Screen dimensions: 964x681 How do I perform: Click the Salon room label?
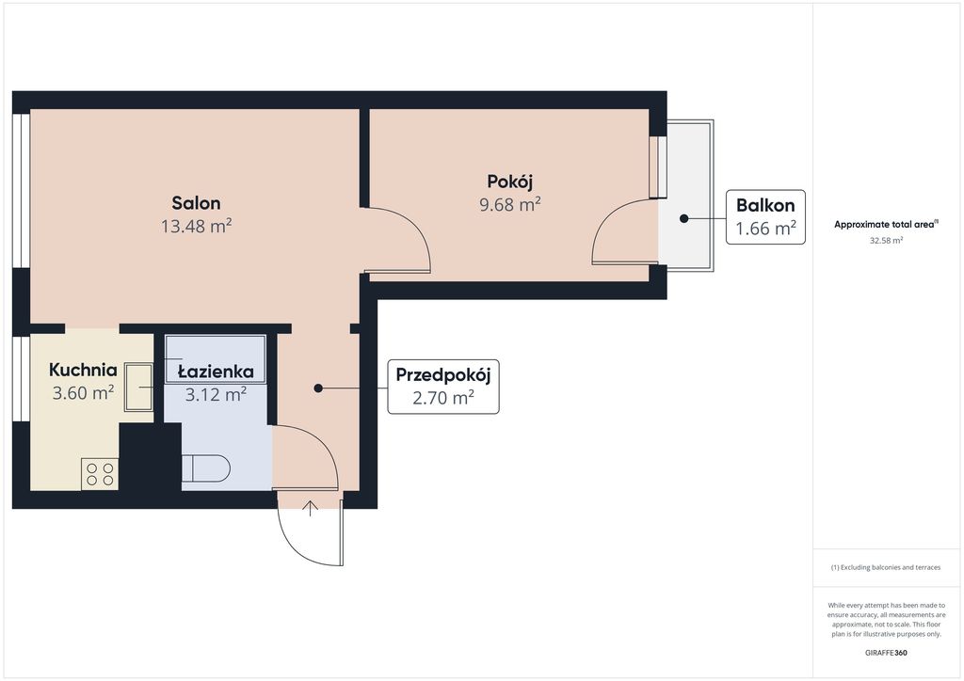point(196,203)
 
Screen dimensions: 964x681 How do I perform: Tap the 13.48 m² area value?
point(196,226)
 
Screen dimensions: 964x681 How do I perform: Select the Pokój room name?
point(509,182)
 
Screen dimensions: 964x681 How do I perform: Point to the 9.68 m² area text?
point(509,204)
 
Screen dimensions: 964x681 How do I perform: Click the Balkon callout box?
point(765,216)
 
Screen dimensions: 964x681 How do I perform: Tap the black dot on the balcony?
point(683,218)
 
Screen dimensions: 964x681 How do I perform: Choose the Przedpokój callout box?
point(442,387)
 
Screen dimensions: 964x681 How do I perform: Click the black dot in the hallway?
point(318,388)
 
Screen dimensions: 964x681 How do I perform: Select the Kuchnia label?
point(83,370)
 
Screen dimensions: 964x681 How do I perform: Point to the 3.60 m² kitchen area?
point(83,392)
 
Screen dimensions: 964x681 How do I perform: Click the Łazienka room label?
point(216,372)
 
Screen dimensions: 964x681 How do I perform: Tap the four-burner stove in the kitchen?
point(100,474)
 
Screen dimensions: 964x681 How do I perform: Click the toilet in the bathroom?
point(206,467)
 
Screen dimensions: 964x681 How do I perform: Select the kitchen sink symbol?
point(139,387)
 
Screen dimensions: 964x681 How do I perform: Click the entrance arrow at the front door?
point(311,509)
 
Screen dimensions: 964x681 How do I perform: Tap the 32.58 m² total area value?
point(886,241)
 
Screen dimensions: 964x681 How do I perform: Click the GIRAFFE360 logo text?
point(886,653)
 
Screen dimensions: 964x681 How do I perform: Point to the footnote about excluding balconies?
point(886,567)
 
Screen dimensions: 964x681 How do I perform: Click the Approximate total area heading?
point(884,225)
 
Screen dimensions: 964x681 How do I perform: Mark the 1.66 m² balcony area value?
point(766,229)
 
